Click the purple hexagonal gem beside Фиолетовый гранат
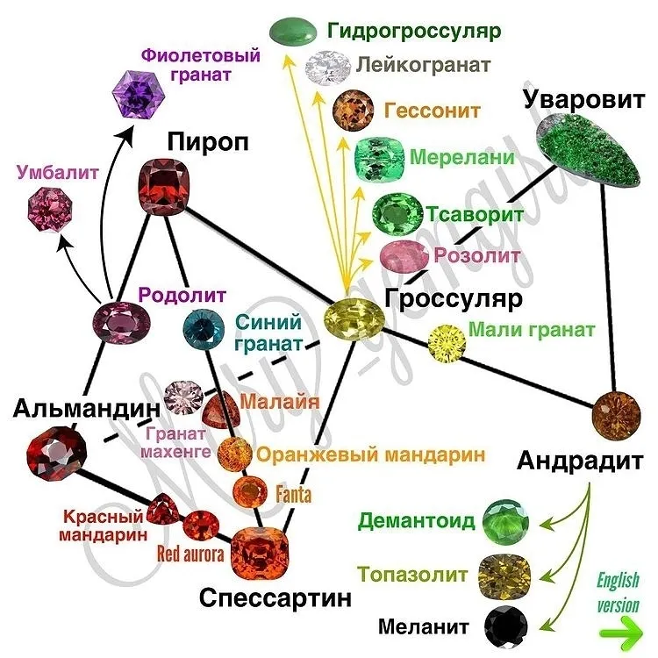[x=138, y=94]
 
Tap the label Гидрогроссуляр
[x=414, y=31]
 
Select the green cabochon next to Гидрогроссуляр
[x=293, y=31]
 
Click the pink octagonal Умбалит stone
[x=50, y=209]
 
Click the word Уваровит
[x=584, y=99]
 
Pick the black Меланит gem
[x=505, y=627]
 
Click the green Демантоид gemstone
[x=505, y=522]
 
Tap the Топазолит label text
[x=412, y=574]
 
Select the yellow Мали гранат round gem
[x=447, y=343]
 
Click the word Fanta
[x=294, y=493]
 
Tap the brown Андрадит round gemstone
[x=617, y=416]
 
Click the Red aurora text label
[x=190, y=554]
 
